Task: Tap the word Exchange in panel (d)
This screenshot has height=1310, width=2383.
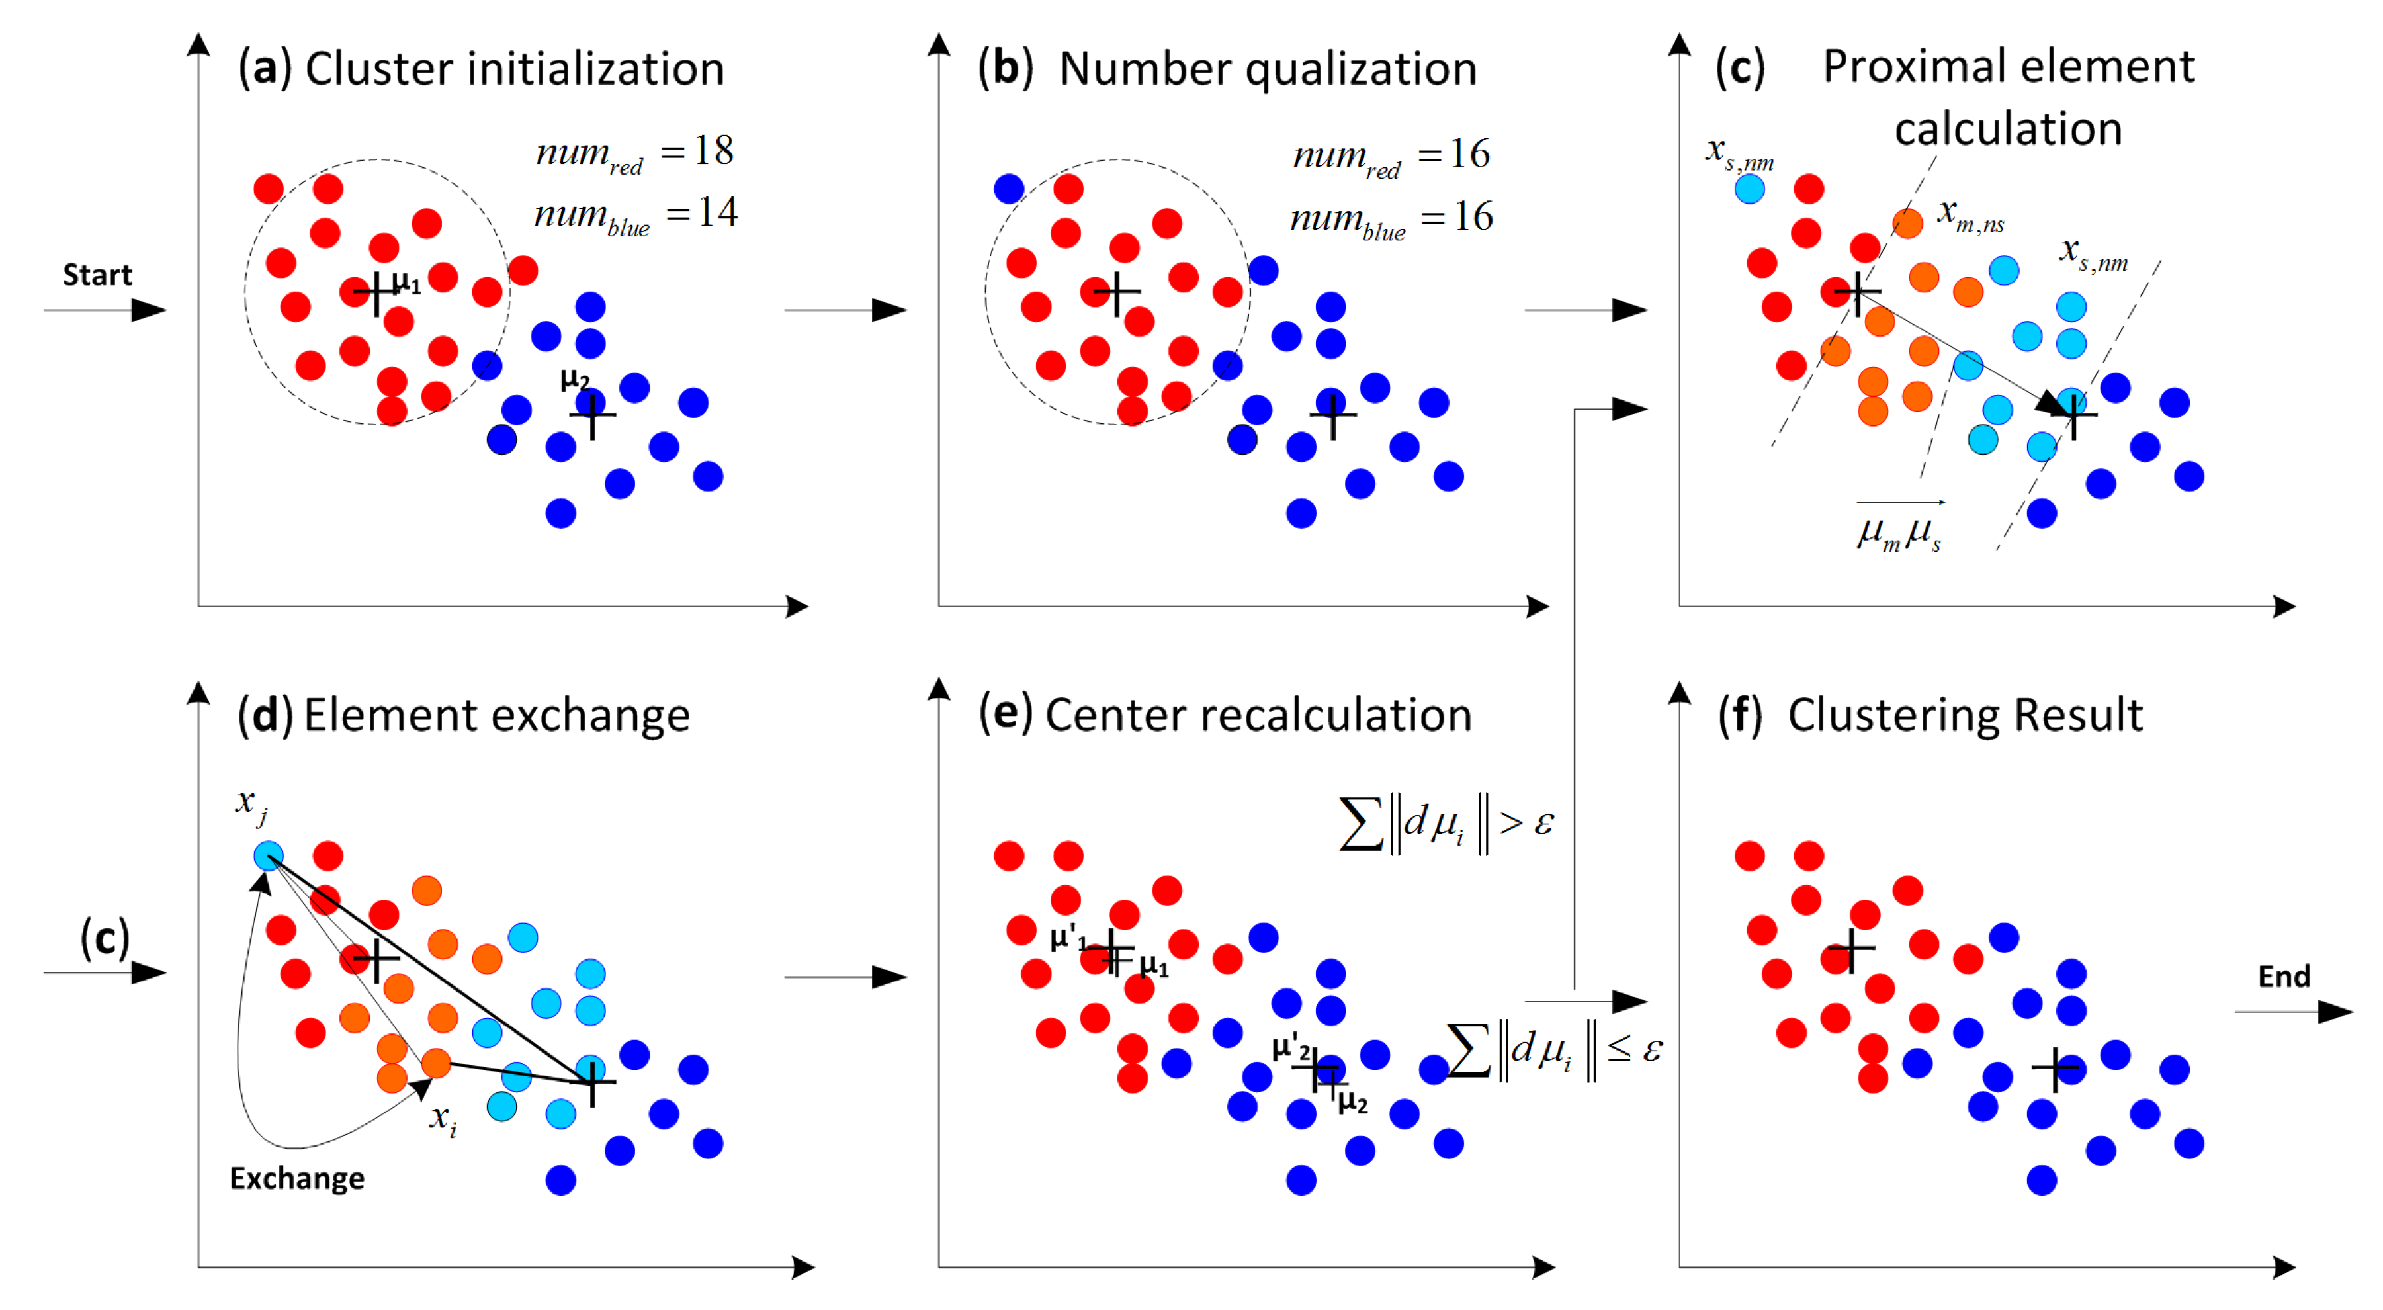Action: click(x=297, y=1178)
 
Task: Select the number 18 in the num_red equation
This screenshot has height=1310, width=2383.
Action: click(x=713, y=151)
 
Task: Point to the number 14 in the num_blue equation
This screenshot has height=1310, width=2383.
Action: click(x=717, y=213)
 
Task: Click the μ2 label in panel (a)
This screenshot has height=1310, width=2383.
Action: click(x=574, y=378)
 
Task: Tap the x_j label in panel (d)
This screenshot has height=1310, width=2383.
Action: click(x=251, y=803)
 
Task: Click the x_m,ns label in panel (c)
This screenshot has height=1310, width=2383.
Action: click(x=1970, y=216)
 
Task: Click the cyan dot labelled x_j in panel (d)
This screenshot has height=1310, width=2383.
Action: click(x=269, y=855)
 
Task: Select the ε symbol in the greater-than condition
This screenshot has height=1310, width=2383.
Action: click(x=1543, y=822)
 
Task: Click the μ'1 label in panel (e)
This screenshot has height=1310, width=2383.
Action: click(x=1068, y=938)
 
